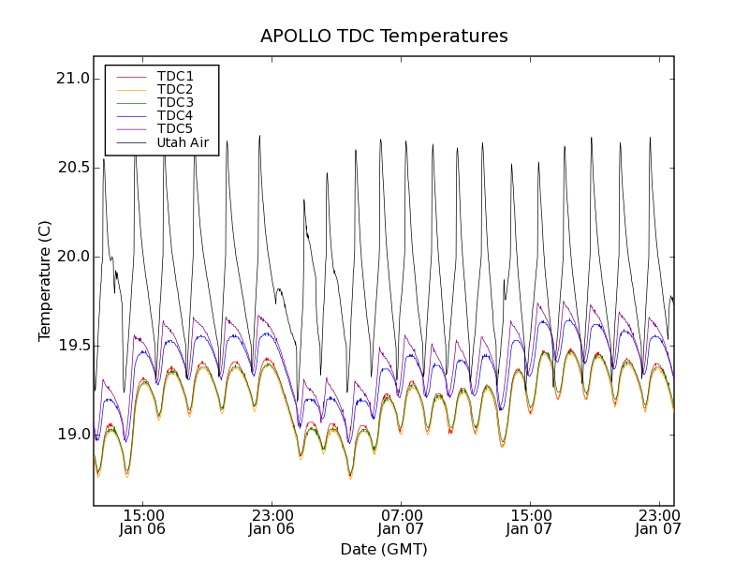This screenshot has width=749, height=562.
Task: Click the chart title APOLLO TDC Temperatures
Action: point(384,37)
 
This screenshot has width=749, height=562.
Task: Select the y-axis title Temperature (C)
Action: point(45,281)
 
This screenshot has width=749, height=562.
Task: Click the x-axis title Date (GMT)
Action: point(384,549)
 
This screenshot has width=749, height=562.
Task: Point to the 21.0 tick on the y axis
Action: point(73,79)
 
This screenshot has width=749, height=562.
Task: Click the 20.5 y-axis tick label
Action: point(73,168)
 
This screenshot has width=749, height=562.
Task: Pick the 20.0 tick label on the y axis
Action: point(73,257)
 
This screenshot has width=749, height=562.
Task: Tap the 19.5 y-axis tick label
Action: point(73,346)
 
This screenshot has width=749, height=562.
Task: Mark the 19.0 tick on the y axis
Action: point(73,435)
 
